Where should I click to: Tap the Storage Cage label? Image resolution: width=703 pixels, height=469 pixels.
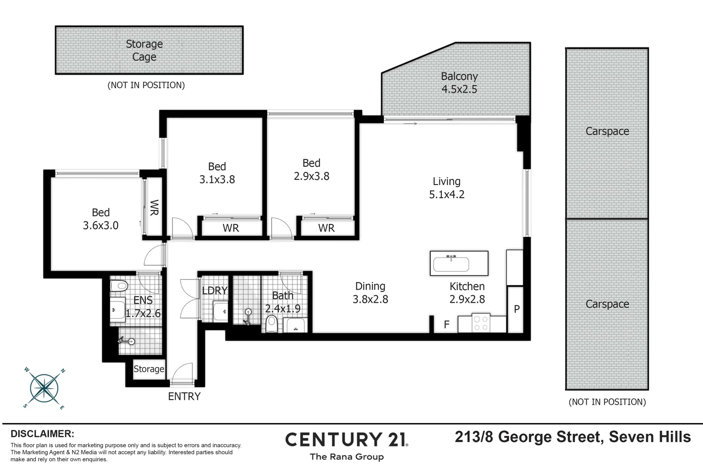144,50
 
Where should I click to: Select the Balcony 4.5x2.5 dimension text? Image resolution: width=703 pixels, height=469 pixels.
459,89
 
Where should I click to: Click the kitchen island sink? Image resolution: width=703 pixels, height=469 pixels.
451,263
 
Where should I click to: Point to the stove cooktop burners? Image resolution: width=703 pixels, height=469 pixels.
480,323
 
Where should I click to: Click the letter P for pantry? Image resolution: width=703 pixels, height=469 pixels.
516,309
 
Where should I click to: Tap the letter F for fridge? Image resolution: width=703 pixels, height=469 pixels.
447,324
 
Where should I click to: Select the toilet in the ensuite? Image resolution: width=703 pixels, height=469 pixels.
118,286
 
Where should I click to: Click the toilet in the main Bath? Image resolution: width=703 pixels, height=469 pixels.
272,324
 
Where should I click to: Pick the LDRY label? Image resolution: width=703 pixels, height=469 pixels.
214,291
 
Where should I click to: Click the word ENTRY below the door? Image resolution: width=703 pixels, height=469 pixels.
184,396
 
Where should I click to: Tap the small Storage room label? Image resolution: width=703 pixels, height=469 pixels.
149,369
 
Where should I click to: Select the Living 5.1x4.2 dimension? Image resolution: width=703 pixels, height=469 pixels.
447,195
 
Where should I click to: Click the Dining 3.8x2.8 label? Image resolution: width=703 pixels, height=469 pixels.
370,293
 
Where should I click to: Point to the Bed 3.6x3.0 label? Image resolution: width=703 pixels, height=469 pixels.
101,219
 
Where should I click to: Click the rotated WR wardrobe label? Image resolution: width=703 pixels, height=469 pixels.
154,208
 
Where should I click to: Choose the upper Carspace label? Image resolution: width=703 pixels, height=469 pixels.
607,131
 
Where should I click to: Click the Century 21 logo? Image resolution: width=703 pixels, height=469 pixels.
346,440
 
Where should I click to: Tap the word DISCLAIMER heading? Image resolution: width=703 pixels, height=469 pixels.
43,434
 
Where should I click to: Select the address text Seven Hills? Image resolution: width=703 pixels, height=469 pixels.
650,437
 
